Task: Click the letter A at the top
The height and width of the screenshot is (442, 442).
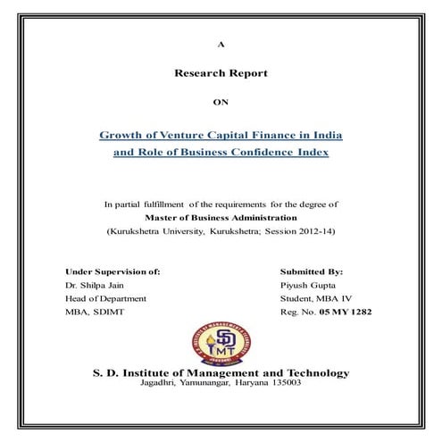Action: coord(221,44)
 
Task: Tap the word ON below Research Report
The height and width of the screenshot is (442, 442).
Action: coord(221,103)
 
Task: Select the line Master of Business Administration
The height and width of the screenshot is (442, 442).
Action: coord(221,217)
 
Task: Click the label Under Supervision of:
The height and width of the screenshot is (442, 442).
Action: coord(113,271)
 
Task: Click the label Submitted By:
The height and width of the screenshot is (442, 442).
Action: coord(312,271)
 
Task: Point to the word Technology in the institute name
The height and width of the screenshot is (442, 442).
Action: coord(312,372)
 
